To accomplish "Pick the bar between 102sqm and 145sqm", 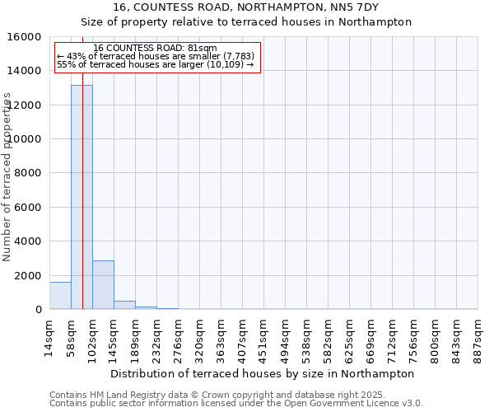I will tap(103, 285).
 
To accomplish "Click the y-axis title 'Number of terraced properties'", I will tap(7, 176).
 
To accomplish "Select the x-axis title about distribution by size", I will tap(263, 373).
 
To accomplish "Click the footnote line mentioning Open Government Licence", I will tap(236, 404).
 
